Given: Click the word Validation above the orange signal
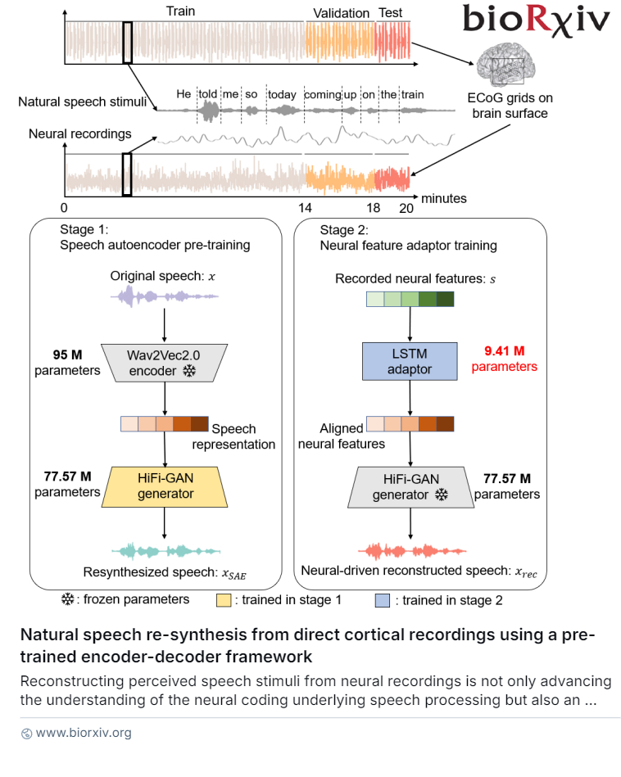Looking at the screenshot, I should tap(342, 13).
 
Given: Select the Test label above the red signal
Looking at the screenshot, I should tap(391, 13).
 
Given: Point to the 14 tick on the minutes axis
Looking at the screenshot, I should tap(305, 208).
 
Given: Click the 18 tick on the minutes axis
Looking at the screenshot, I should tap(374, 208).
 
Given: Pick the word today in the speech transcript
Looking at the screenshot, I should tap(282, 94).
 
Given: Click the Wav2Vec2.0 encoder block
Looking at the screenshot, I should tap(165, 362).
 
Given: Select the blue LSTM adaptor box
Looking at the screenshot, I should tap(409, 362).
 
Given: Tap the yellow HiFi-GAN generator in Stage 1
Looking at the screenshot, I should tap(165, 485).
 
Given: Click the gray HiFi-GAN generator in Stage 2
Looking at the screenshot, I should tap(409, 485).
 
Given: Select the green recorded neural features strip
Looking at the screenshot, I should tap(410, 300).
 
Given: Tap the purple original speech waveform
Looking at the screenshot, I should tap(165, 296).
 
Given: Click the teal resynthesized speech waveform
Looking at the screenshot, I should tap(165, 551).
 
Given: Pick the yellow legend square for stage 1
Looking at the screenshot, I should tap(223, 600).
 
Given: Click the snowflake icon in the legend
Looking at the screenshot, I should tap(68, 599).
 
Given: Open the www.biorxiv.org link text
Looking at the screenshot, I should tap(84, 733).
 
